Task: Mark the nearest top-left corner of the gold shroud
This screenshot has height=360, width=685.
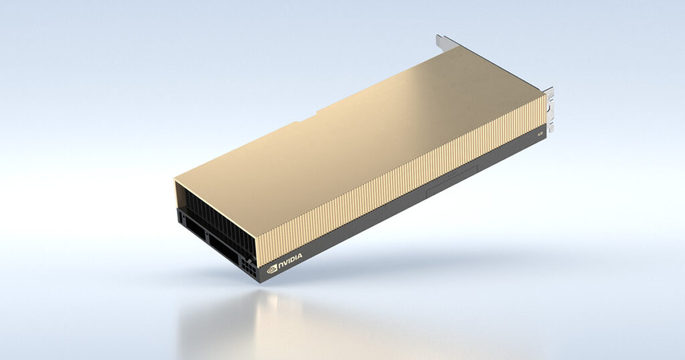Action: (x=176, y=179)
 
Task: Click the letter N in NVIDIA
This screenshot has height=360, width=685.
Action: (x=282, y=263)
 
